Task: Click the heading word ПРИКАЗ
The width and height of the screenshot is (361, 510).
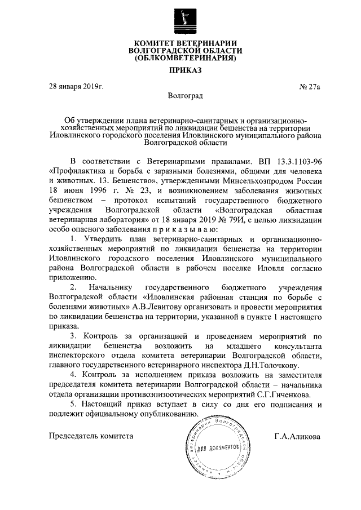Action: tap(186, 70)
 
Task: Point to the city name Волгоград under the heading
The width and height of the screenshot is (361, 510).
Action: tap(186, 96)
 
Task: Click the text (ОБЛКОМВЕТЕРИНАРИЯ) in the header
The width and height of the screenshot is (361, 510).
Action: tap(186, 58)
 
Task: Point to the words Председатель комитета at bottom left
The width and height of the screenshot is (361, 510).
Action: tap(91, 436)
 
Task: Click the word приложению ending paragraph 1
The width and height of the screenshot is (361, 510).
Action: tap(74, 277)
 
